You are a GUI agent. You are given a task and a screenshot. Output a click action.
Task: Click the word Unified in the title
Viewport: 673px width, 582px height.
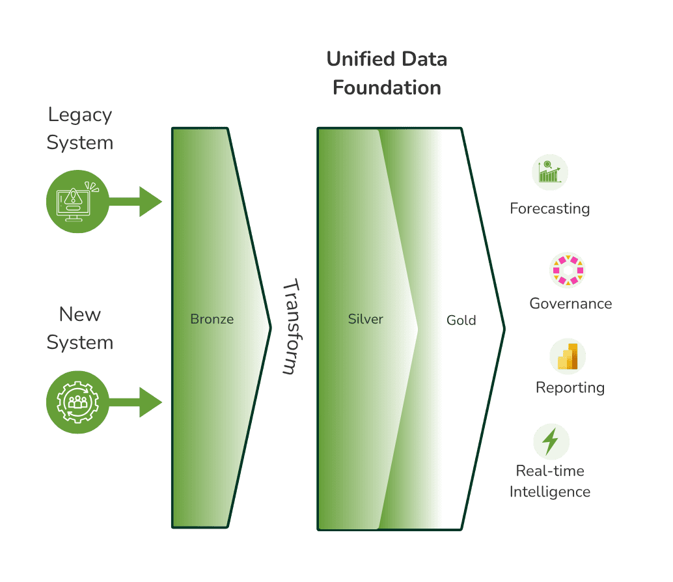(x=361, y=59)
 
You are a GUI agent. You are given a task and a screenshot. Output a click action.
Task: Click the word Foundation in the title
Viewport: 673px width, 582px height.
(x=387, y=87)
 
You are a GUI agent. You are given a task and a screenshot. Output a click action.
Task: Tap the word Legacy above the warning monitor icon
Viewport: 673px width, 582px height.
(x=80, y=116)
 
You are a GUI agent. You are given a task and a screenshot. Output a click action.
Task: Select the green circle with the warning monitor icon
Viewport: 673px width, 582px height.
(x=77, y=201)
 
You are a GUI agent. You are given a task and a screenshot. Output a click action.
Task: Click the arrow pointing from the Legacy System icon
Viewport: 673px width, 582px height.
(x=135, y=201)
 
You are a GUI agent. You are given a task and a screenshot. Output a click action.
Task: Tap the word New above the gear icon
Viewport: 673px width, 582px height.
(x=80, y=314)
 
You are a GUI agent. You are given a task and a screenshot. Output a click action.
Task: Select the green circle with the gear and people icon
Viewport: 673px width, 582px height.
(x=77, y=402)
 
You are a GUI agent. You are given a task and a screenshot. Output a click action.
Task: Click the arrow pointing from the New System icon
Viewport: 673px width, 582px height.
(x=135, y=402)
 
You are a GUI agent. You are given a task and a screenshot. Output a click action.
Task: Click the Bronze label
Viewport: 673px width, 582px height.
(x=212, y=319)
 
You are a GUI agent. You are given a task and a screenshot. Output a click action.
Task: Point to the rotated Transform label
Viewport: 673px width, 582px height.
(x=292, y=327)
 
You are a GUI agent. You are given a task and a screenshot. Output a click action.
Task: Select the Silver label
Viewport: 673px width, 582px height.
(x=365, y=319)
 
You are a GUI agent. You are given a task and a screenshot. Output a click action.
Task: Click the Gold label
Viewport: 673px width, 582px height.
(x=461, y=320)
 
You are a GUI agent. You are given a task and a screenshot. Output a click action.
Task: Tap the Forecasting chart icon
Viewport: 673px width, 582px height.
(x=550, y=172)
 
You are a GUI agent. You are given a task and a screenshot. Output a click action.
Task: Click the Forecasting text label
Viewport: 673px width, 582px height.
(x=550, y=209)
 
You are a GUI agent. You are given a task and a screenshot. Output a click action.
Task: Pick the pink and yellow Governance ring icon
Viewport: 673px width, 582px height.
(x=568, y=270)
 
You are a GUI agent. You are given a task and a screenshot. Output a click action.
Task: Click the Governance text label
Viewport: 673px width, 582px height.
(x=571, y=303)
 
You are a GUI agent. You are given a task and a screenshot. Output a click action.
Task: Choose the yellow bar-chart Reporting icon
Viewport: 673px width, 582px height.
(x=568, y=357)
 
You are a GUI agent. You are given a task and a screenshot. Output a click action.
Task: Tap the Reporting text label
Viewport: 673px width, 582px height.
(x=570, y=388)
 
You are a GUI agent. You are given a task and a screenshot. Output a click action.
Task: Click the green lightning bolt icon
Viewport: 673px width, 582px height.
(x=551, y=441)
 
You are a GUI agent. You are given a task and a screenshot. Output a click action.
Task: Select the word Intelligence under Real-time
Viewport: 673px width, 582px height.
(x=550, y=492)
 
